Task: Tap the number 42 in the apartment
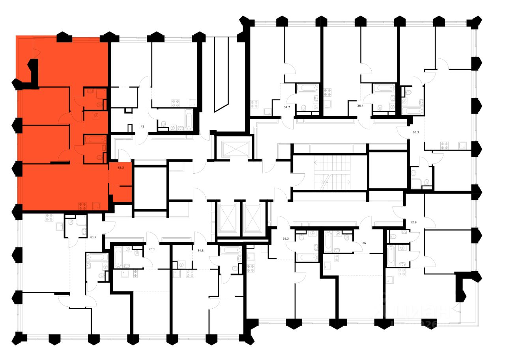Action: pyautogui.click(x=143, y=127)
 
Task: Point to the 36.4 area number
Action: pyautogui.click(x=360, y=106)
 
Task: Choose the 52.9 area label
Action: pyautogui.click(x=413, y=222)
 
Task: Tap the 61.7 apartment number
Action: pyautogui.click(x=94, y=237)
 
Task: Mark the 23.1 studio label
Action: pyautogui.click(x=152, y=249)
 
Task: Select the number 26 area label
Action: pyautogui.click(x=364, y=243)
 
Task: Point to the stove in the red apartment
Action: pyautogui.click(x=83, y=205)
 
